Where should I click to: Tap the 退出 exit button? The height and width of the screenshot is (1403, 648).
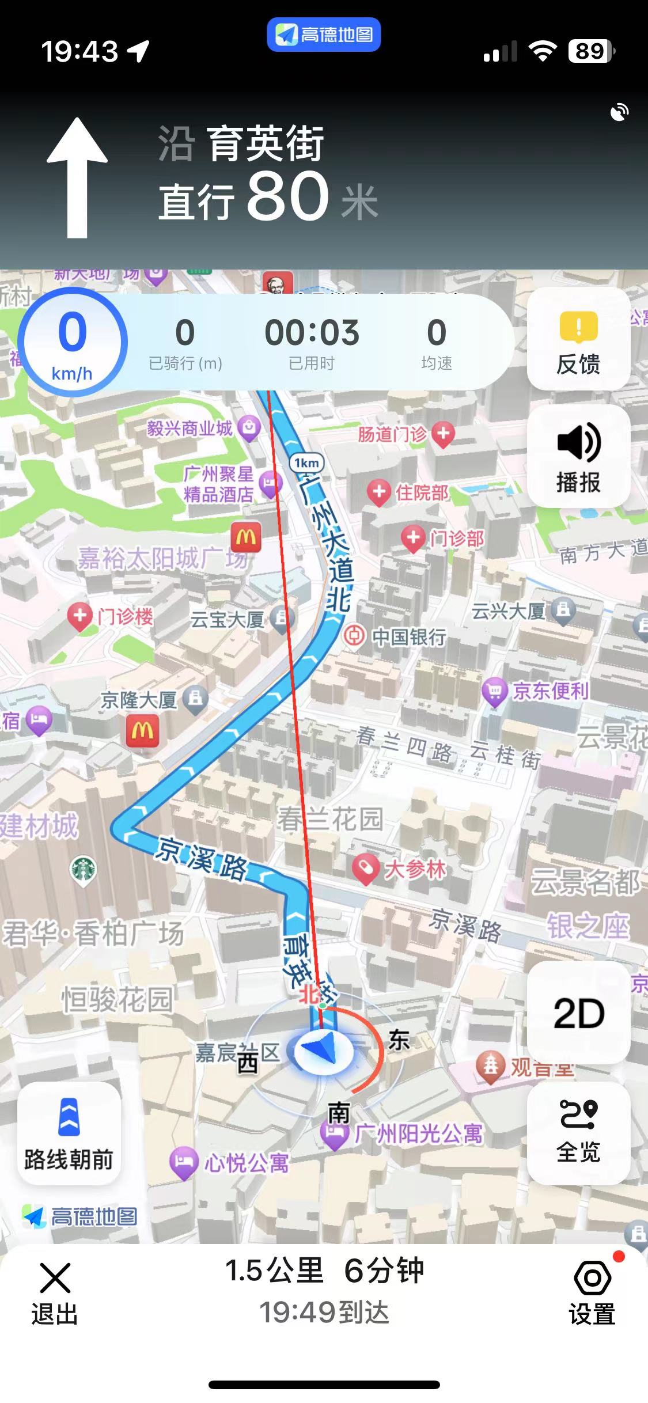click(x=55, y=1291)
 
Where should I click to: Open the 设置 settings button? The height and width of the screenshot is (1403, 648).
click(x=592, y=1291)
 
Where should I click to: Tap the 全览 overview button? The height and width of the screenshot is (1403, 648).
click(x=578, y=1131)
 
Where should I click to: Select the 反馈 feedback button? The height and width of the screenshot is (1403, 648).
click(x=578, y=340)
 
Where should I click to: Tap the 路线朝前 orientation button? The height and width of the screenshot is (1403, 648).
click(x=69, y=1132)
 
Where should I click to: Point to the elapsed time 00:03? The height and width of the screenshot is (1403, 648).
click(x=312, y=333)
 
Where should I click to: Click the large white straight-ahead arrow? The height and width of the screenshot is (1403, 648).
click(x=77, y=179)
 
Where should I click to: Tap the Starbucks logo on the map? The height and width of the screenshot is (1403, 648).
click(x=84, y=870)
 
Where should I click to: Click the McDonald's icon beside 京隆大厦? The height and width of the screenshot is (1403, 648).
click(x=142, y=731)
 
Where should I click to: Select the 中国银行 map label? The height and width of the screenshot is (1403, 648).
click(x=408, y=637)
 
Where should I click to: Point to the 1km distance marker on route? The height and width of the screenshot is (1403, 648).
click(x=306, y=463)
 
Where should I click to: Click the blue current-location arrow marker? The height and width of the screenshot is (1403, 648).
click(x=324, y=1052)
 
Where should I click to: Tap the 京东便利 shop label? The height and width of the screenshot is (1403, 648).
click(x=550, y=691)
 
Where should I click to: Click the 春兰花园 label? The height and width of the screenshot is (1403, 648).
click(x=329, y=818)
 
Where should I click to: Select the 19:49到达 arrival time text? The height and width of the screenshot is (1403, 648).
click(x=324, y=1313)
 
